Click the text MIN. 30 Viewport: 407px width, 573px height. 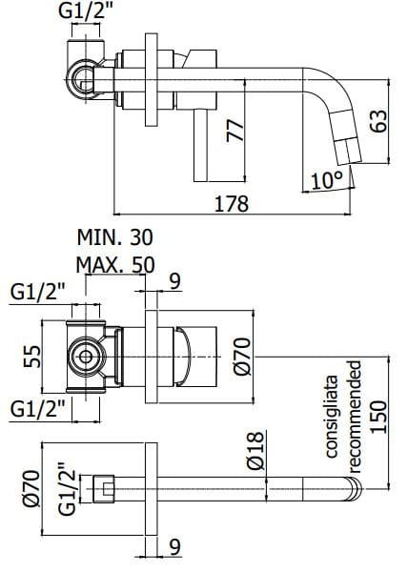coord(114,236)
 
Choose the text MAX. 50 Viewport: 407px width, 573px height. coord(115,264)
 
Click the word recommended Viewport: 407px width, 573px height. coord(353,416)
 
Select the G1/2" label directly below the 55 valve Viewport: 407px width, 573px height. coord(39,408)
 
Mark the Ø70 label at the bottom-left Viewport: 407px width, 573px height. coord(31,488)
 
